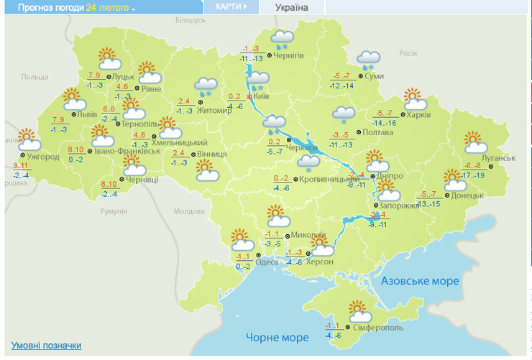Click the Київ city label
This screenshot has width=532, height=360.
pos(262,96)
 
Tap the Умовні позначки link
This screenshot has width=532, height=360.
pos(46,346)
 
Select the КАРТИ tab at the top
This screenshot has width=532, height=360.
pos(230,6)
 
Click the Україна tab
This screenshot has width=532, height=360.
pos(291,7)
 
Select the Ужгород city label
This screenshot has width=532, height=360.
pos(42,156)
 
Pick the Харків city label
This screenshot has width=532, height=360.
pos(418,115)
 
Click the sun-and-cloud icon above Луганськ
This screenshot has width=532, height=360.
pos(475,142)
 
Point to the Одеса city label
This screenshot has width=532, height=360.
pos(267,262)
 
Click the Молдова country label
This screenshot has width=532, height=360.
pos(189,211)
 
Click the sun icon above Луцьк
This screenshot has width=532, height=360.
pos(106,57)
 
